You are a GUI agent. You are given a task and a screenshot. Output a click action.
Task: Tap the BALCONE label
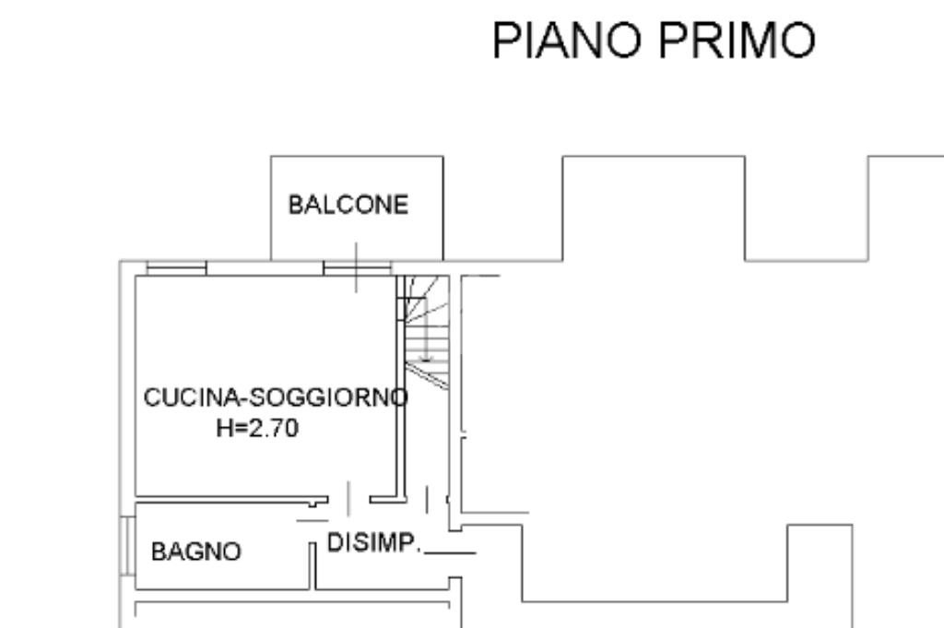click(348, 205)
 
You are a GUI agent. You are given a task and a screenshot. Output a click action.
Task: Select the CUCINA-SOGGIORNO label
click(275, 398)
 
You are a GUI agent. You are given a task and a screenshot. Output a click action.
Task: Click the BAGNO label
click(196, 552)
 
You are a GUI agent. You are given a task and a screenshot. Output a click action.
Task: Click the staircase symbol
click(426, 328)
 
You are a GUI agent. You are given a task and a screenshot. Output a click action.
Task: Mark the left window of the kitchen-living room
click(176, 268)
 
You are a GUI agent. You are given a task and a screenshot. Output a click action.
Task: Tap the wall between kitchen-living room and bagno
click(221, 499)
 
